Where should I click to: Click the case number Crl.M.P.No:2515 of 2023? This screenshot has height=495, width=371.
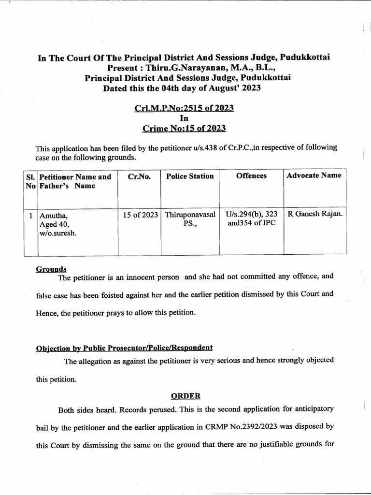184,108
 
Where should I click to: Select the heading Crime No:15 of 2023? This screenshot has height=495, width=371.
184,128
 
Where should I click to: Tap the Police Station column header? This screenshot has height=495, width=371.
190,176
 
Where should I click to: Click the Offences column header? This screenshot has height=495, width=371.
251,176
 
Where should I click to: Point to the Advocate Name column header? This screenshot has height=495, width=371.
314,175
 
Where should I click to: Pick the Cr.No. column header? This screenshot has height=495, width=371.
140,176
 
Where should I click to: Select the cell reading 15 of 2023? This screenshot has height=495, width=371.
140,214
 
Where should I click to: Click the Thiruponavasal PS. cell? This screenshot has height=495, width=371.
190,219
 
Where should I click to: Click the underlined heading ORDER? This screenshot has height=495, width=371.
185,396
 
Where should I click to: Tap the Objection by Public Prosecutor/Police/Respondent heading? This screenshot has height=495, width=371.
124,348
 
